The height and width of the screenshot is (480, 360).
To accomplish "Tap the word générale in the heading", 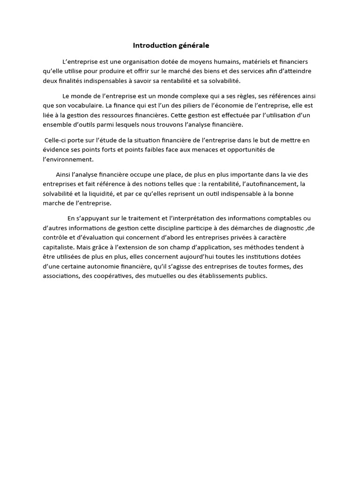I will [x=194, y=45].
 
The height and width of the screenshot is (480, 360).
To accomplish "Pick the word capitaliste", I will [x=57, y=247].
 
